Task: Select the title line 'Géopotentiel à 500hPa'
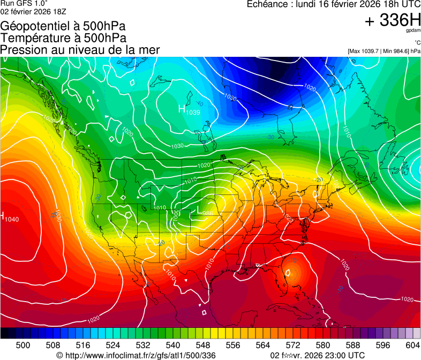(x=64, y=26)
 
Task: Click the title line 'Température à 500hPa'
(x=63, y=37)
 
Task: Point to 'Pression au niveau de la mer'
(x=80, y=50)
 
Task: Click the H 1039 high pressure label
(x=189, y=110)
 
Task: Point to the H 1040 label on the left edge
(x=10, y=217)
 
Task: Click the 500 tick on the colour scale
(x=23, y=345)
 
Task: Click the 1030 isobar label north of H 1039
(x=231, y=98)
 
